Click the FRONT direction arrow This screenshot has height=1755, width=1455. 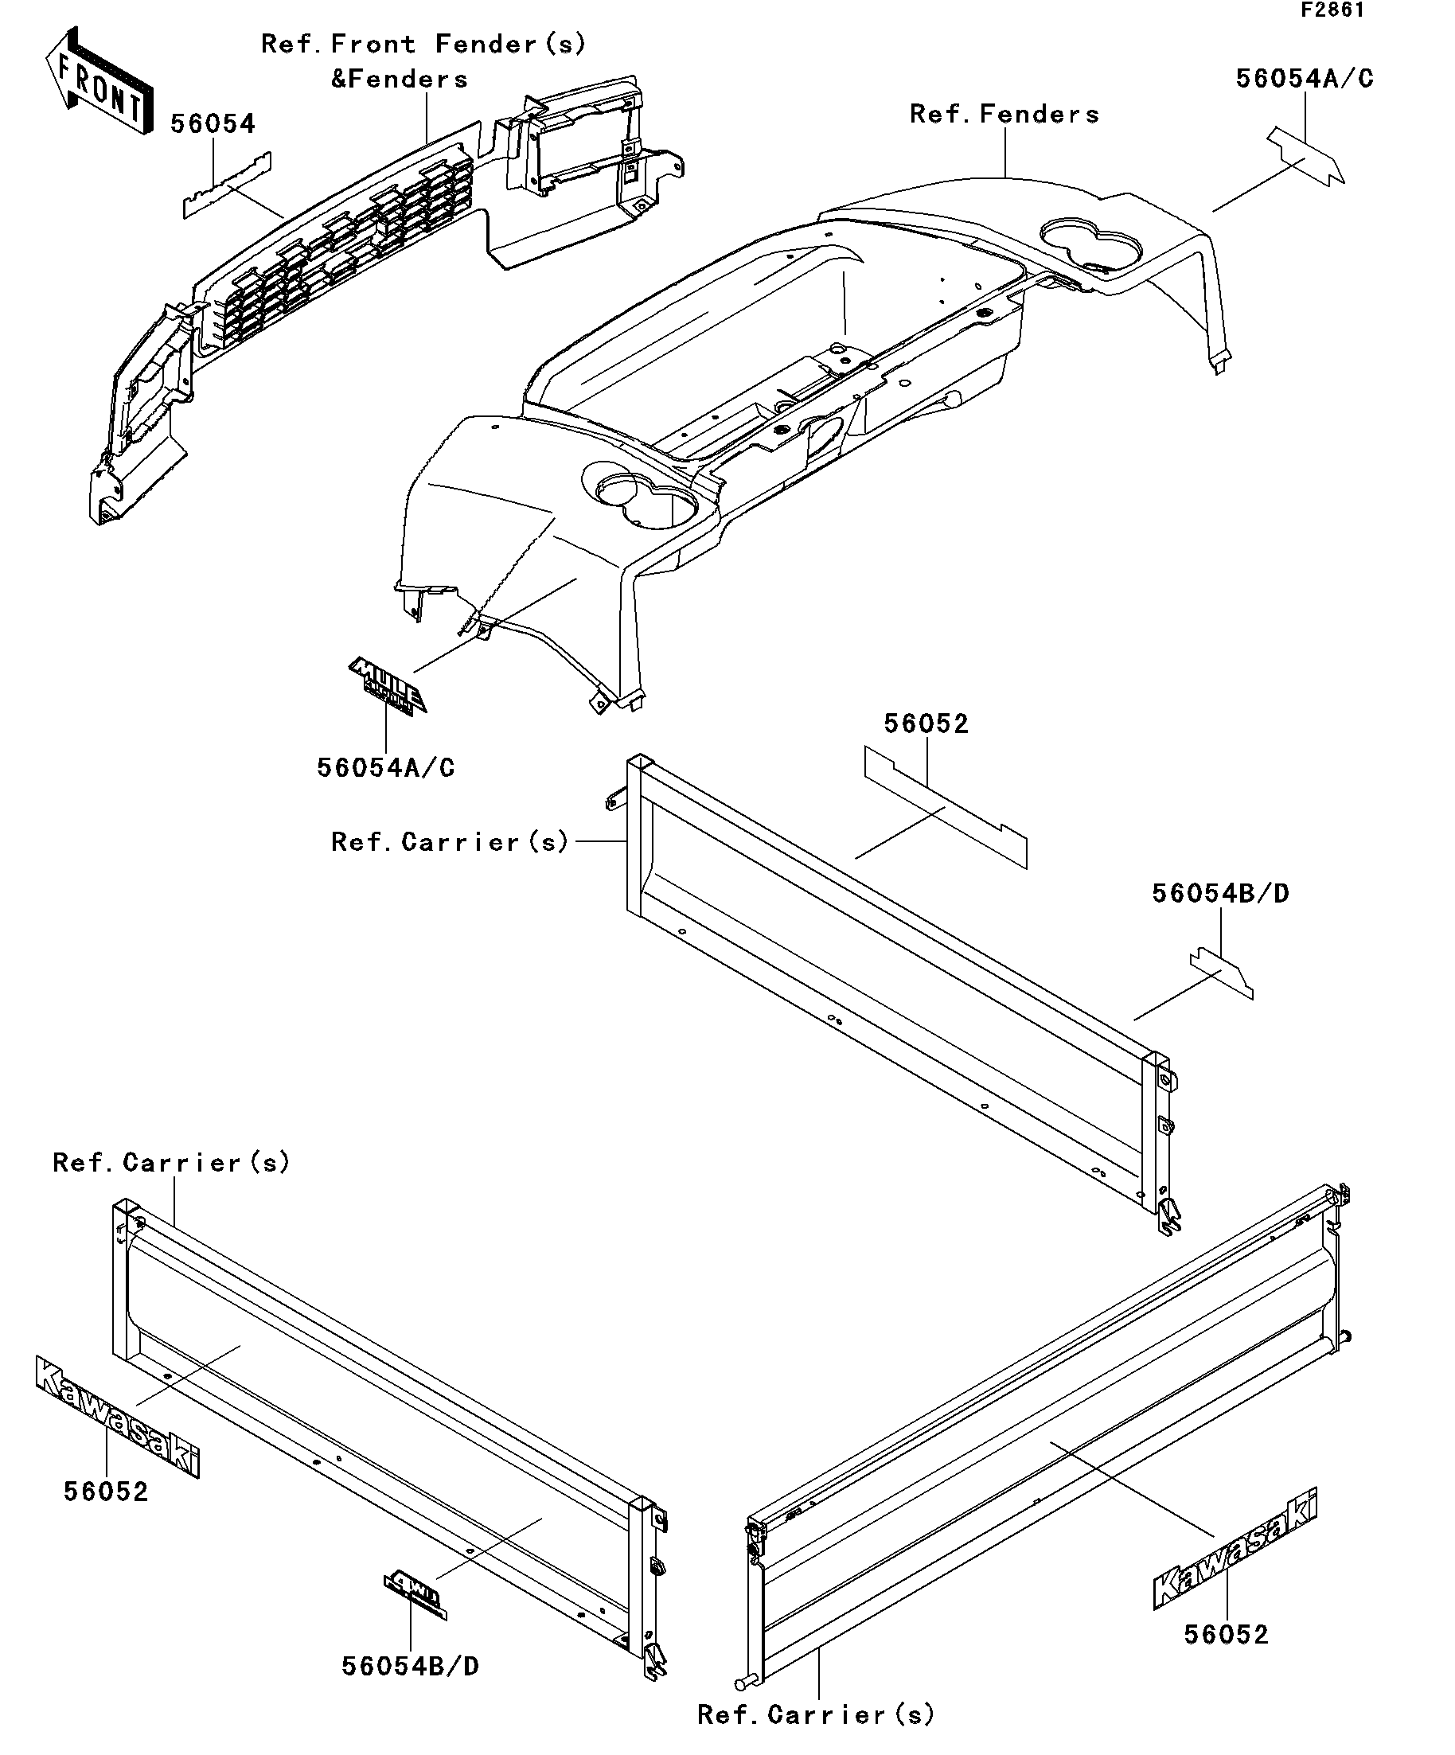coord(99,82)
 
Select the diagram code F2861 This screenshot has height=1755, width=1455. coord(1332,10)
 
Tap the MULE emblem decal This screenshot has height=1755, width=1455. coord(387,684)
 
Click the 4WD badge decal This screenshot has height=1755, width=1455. coord(415,1599)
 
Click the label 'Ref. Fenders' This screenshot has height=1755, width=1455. coord(1004,115)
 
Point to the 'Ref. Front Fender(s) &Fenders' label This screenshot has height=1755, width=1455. coord(423,61)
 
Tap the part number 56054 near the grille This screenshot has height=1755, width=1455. coord(213,124)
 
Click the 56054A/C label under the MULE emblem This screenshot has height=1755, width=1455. coord(386,768)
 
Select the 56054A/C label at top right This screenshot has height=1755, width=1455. coord(1305,79)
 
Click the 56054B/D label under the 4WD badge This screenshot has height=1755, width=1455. coord(411,1667)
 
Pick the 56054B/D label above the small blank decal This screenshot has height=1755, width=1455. coord(1220,893)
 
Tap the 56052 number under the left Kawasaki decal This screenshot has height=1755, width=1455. coord(106,1492)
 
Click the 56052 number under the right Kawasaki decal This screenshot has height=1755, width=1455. coord(1226,1634)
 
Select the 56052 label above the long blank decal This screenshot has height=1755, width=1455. coord(926,723)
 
